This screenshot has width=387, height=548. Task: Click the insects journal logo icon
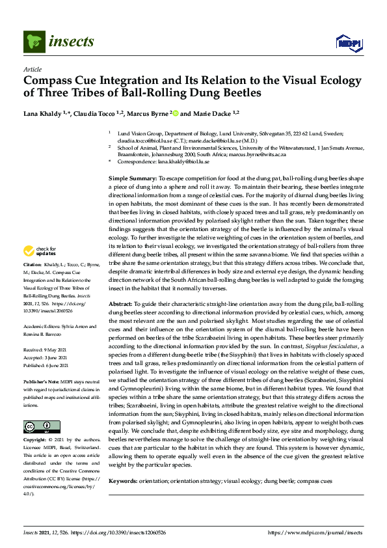point(33,42)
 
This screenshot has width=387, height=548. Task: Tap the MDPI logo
point(348,43)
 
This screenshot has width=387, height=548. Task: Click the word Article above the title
point(32,69)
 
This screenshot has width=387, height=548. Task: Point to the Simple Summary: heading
point(132,178)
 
